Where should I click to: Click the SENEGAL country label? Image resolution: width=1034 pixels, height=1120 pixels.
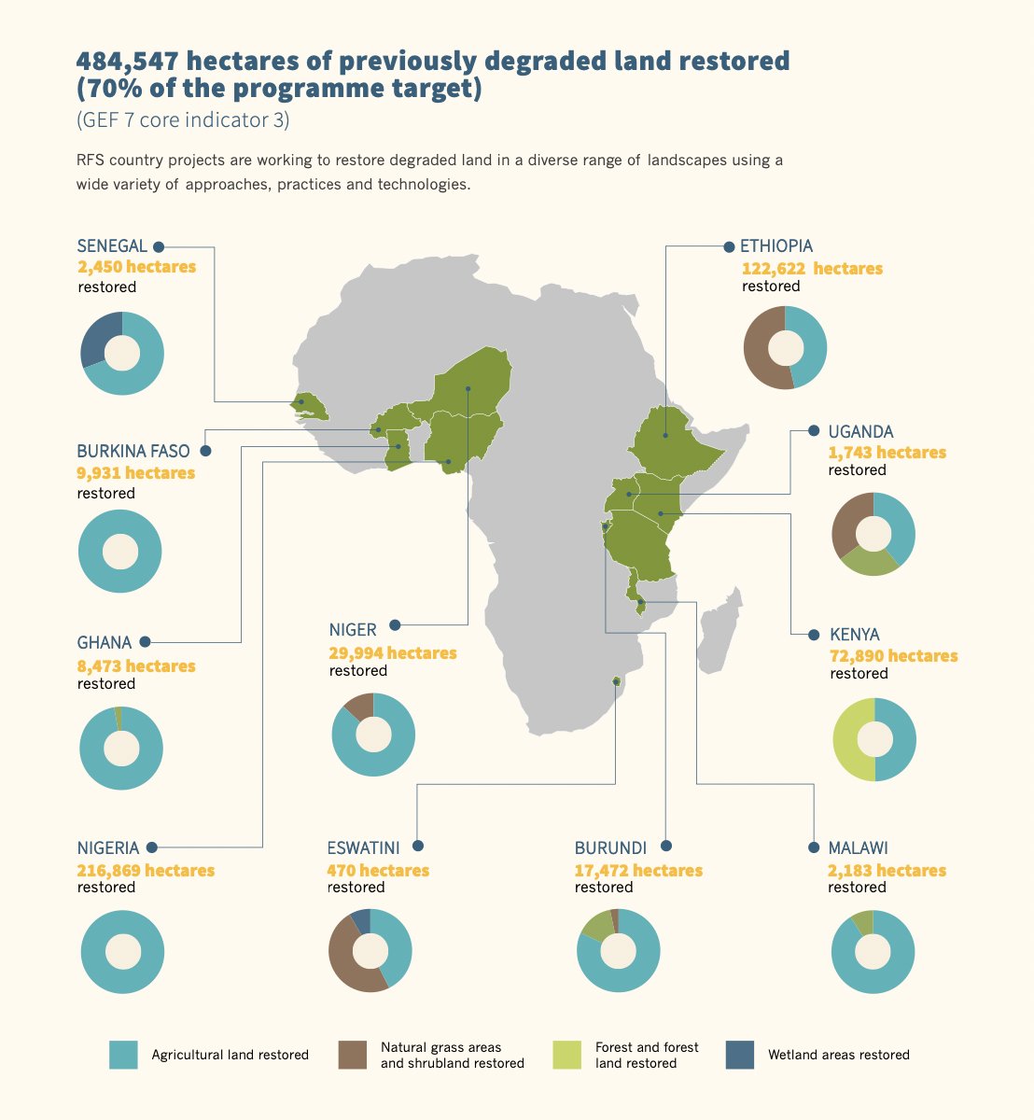coord(112,246)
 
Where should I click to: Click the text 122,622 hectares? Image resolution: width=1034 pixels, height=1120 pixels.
coord(811,269)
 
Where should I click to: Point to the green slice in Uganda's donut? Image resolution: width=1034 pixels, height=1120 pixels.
coord(868,562)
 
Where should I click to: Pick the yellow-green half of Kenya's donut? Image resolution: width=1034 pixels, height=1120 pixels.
coord(845,740)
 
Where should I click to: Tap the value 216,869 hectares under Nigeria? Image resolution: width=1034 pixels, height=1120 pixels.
coord(146,871)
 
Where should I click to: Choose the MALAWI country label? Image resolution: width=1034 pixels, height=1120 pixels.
coord(858,848)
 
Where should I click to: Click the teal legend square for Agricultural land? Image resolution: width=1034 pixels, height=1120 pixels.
coord(123,1055)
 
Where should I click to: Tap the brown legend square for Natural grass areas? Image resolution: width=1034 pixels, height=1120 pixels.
coord(352,1055)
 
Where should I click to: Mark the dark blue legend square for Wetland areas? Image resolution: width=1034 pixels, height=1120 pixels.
coord(739,1055)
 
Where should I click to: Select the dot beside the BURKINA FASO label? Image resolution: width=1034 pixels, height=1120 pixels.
coord(206,451)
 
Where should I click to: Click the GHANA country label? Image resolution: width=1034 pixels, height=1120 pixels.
coord(105,643)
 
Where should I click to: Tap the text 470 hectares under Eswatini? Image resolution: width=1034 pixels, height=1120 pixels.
coord(378,871)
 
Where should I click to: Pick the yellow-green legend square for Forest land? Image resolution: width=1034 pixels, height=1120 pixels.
coord(566,1055)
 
